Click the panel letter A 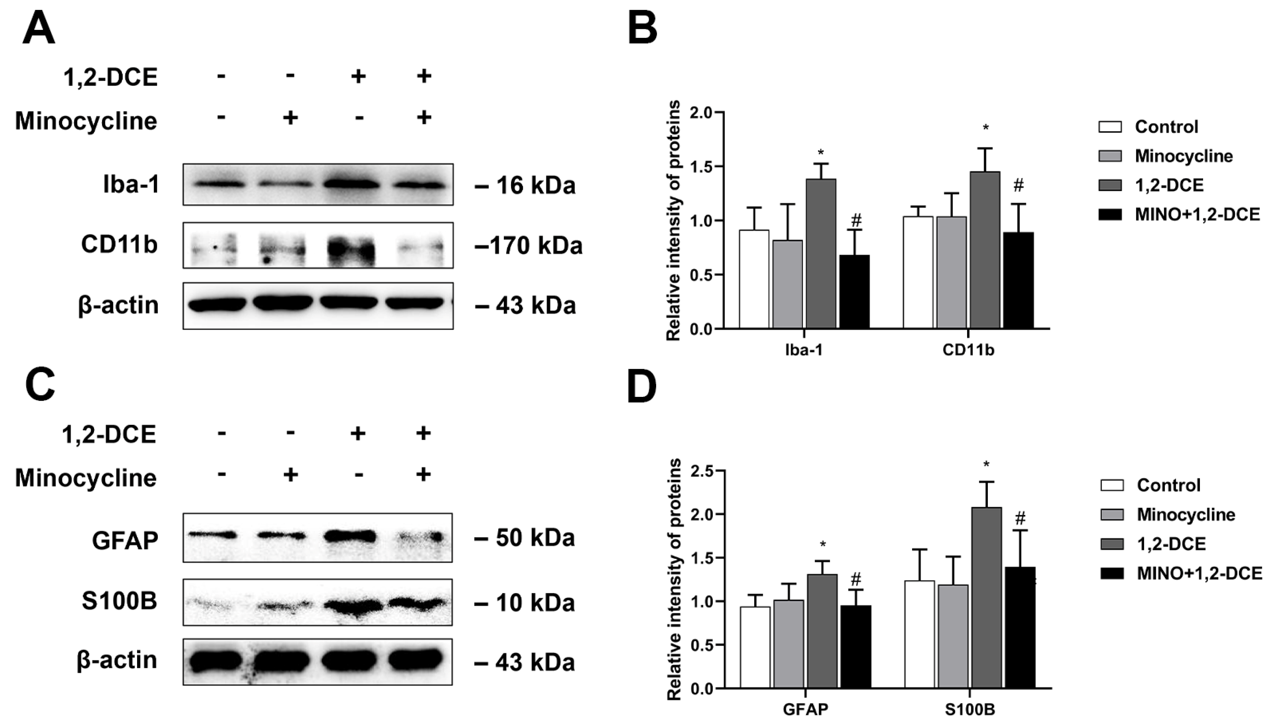[39, 29]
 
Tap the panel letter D [642, 387]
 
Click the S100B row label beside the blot [120, 601]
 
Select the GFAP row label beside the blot [125, 540]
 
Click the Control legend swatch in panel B [1110, 127]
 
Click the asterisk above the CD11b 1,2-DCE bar [985, 128]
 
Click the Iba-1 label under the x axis [804, 350]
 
